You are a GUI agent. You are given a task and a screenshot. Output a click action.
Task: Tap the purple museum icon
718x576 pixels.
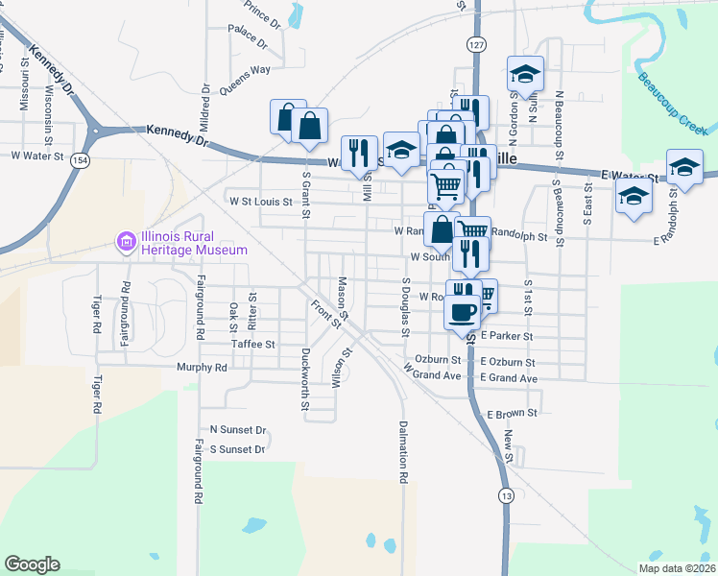click(x=126, y=244)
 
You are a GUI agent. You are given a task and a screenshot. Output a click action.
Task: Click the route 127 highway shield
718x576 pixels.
click(x=476, y=45)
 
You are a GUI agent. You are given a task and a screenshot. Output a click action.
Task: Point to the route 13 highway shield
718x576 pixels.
click(x=506, y=495)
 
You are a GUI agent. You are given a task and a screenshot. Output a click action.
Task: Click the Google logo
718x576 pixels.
click(x=32, y=564)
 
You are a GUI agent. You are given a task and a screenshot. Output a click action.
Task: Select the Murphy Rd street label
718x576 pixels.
click(x=202, y=367)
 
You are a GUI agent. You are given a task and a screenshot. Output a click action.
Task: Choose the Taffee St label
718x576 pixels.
click(x=252, y=344)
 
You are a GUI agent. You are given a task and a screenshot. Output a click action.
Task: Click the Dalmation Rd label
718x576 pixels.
click(x=404, y=451)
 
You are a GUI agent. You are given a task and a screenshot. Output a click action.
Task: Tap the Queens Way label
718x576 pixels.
click(x=245, y=69)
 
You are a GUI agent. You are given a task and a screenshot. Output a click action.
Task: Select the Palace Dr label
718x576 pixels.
click(x=247, y=36)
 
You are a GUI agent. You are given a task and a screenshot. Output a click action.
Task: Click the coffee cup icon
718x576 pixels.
click(x=465, y=311)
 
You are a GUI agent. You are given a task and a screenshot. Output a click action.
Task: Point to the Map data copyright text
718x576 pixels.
click(x=675, y=568)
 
